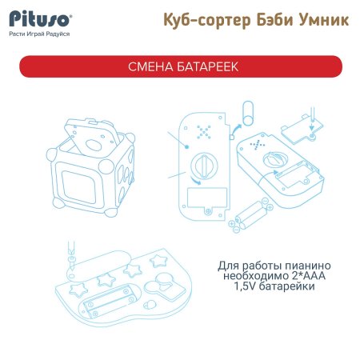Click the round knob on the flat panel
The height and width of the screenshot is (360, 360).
(x=204, y=166)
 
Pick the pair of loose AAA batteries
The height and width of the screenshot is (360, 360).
(x=253, y=212)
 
